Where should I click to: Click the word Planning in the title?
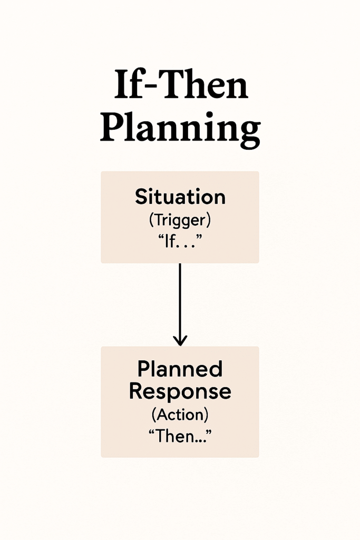click(180, 130)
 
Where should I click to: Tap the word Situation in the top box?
click(180, 197)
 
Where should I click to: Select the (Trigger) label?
click(180, 220)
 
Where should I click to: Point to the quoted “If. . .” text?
click(180, 242)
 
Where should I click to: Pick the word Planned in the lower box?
click(180, 369)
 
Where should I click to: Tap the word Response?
click(180, 392)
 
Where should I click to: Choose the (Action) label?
click(180, 414)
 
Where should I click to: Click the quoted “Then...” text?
click(180, 436)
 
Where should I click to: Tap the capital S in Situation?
click(141, 197)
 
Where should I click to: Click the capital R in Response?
click(137, 391)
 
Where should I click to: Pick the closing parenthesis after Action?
click(207, 415)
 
